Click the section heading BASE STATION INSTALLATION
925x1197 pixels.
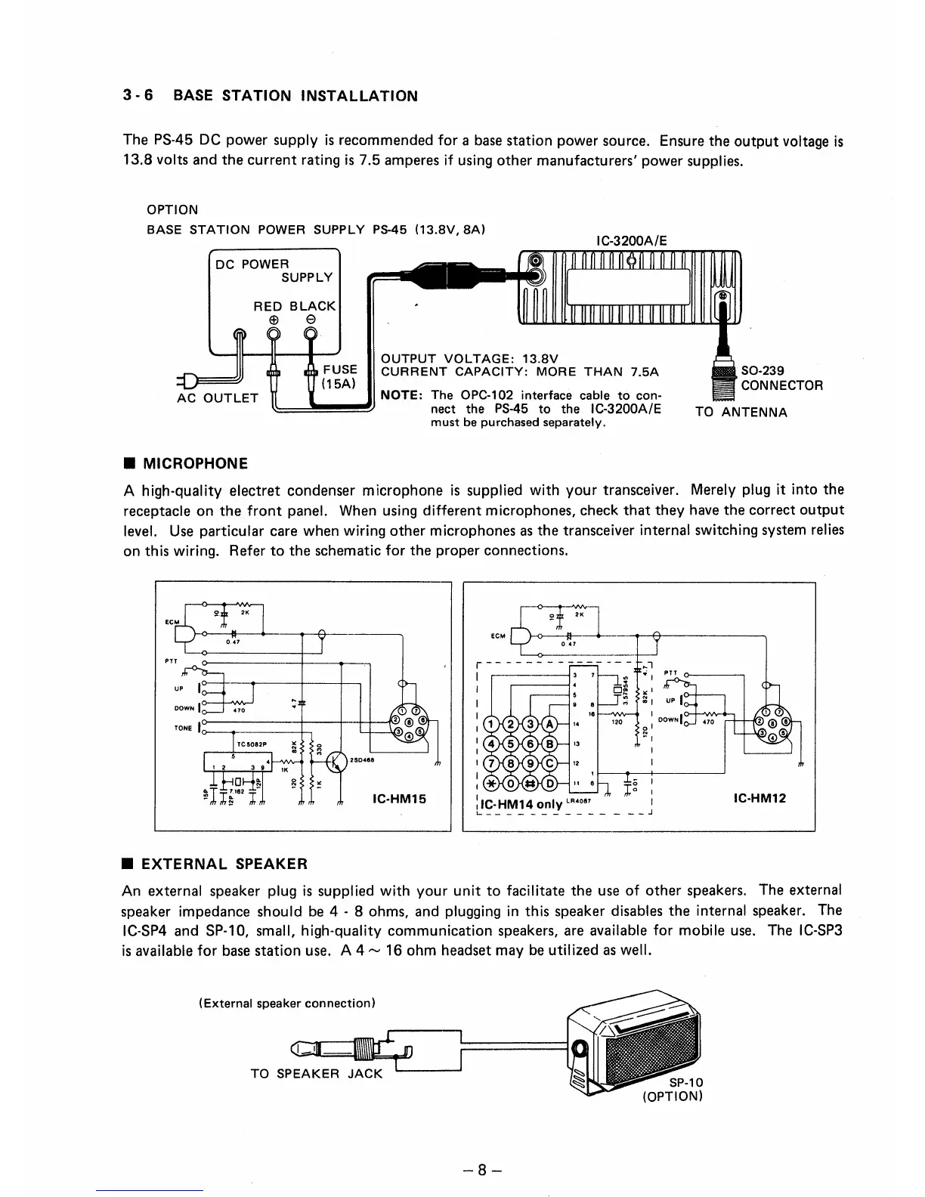coord(295,96)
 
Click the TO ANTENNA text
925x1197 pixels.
coord(741,413)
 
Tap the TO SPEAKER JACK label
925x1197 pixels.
coord(317,1074)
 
